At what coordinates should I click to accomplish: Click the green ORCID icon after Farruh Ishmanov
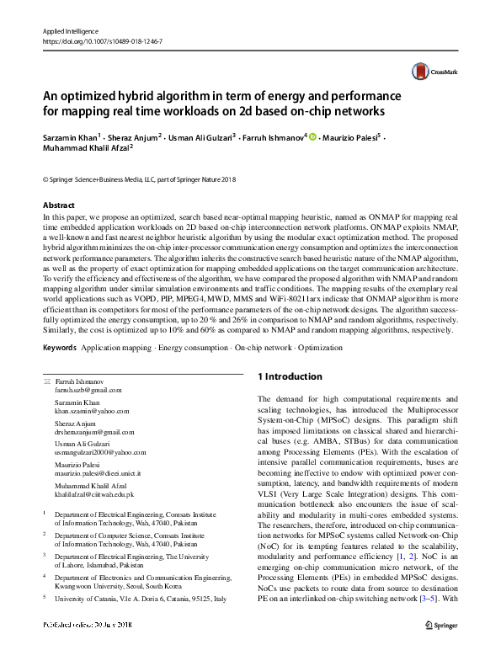point(312,136)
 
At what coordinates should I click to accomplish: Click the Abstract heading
point(60,205)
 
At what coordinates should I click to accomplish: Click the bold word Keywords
point(60,348)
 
